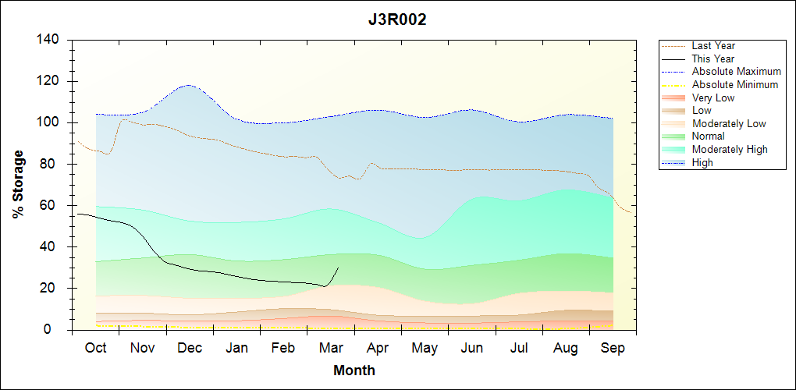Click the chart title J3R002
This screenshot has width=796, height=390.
point(397,20)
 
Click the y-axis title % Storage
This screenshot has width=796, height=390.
point(18,185)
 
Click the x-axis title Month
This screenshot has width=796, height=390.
point(354,370)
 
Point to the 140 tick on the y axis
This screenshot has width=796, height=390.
point(52,40)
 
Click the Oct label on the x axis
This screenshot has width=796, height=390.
point(95,348)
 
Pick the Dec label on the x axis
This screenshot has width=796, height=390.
point(190,348)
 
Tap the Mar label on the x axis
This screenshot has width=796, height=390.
point(330,348)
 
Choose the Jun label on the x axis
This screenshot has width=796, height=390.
point(472,348)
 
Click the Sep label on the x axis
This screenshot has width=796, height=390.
point(613,348)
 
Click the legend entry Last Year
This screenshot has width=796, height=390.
point(713,46)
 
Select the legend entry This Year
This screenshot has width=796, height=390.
point(713,58)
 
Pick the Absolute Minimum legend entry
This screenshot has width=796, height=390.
point(735,84)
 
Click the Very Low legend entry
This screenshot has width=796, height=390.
point(713,97)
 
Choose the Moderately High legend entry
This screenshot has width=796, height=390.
point(730,149)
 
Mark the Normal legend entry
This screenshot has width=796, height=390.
point(709,136)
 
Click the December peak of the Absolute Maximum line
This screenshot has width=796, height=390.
point(188,85)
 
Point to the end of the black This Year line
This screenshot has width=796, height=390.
point(338,268)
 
